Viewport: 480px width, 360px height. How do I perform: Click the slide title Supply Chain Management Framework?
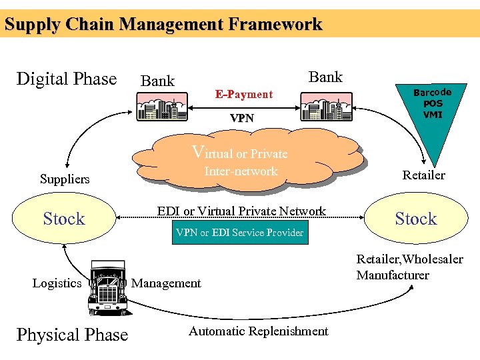click(163, 25)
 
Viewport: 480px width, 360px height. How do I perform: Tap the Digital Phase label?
click(66, 79)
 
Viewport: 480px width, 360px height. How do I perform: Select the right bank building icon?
click(325, 105)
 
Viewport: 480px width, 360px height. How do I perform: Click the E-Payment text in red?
click(243, 94)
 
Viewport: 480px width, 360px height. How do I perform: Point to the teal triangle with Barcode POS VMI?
click(432, 117)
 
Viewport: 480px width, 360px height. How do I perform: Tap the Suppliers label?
click(65, 179)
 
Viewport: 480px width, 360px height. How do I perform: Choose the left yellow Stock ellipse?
click(64, 219)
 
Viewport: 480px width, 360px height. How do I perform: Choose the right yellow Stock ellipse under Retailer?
click(415, 219)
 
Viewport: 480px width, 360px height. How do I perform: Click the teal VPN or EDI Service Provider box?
click(240, 233)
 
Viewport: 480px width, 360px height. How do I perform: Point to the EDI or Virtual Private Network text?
click(241, 211)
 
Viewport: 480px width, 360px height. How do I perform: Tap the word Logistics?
click(57, 283)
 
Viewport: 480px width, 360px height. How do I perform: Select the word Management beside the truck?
click(166, 283)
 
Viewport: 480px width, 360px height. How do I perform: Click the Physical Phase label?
click(72, 334)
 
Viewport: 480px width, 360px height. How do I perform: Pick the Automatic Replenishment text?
click(258, 331)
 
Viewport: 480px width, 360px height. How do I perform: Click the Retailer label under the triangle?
click(423, 175)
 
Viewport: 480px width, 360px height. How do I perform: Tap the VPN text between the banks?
click(241, 118)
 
